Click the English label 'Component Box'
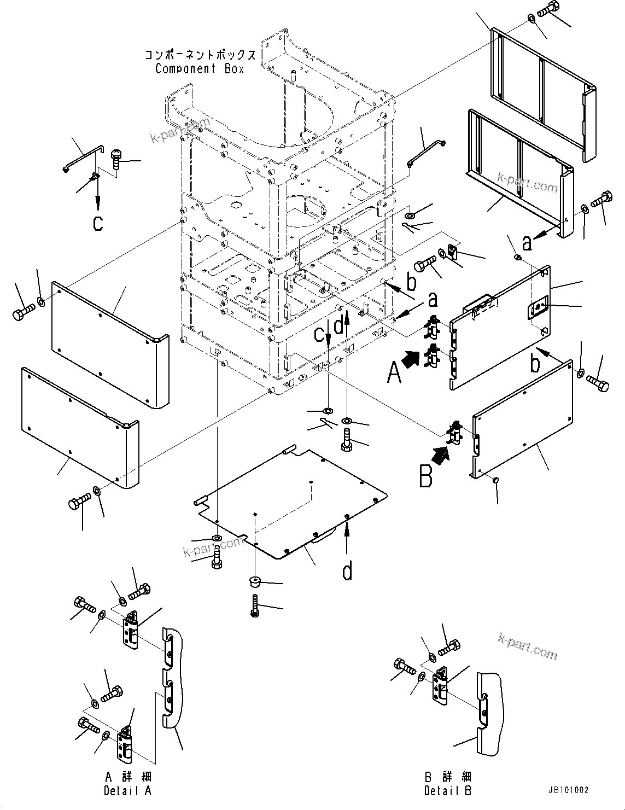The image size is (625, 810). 200,69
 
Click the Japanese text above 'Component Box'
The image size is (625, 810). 200,55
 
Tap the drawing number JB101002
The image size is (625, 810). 566,790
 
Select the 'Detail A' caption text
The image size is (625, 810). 127,790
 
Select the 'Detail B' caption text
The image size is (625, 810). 447,790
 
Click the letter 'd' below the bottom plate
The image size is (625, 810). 347,572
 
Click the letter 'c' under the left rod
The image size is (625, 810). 98,224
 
